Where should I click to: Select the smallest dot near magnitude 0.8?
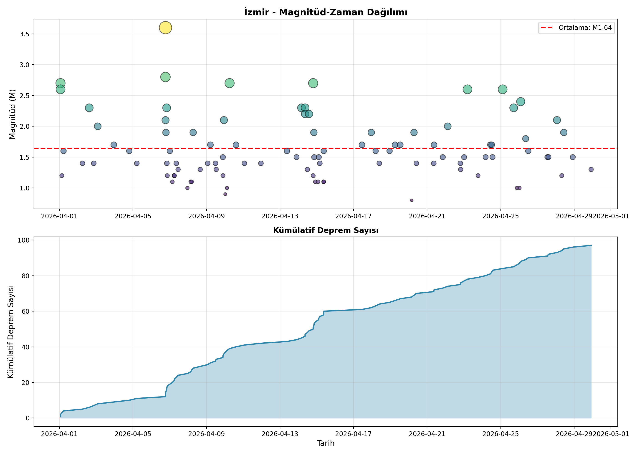pos(412,200)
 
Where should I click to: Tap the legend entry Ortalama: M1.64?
pos(576,28)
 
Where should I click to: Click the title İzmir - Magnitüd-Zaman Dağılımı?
pos(326,12)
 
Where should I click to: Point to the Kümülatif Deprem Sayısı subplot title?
pos(326,230)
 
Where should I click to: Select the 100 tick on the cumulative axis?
pos(23,240)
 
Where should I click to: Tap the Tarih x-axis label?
pos(326,443)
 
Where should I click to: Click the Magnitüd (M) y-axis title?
pos(12,114)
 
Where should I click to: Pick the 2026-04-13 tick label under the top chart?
pos(280,216)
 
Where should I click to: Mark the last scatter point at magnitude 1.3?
pos(591,169)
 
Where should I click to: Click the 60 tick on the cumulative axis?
pos(25,311)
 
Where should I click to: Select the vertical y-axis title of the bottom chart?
pos(11,332)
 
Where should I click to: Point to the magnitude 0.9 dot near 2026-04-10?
pos(225,194)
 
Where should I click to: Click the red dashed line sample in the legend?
pos(546,28)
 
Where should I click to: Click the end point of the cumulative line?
pos(591,245)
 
